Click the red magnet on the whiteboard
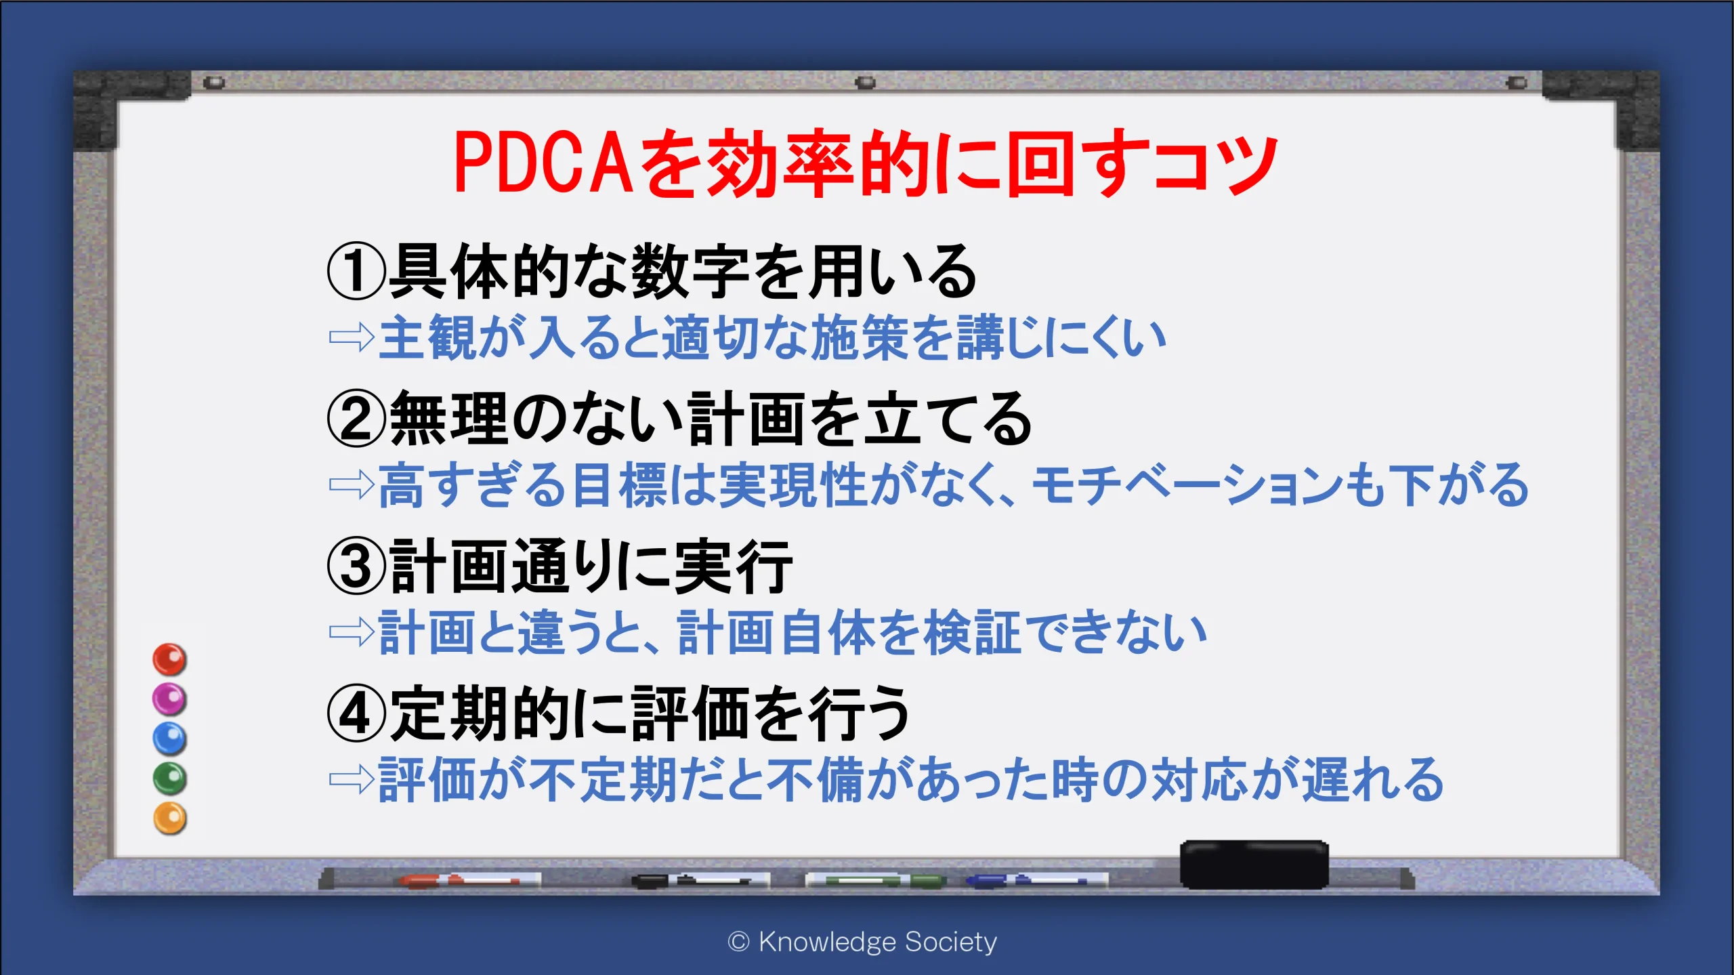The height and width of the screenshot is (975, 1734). (169, 659)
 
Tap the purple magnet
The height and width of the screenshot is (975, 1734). (169, 699)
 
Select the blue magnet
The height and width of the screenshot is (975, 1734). (169, 739)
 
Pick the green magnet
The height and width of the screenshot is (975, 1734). (169, 779)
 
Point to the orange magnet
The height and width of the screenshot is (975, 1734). (169, 818)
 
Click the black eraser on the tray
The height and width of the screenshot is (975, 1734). (1254, 865)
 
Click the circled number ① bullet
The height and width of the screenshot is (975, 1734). (356, 272)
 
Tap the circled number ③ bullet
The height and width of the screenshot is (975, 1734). (356, 566)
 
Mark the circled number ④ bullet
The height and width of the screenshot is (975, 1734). (356, 713)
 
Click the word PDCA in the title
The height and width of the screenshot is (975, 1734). (543, 163)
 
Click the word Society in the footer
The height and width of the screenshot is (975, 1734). (951, 942)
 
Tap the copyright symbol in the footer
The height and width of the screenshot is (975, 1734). (738, 942)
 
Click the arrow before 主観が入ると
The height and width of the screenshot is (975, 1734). (352, 337)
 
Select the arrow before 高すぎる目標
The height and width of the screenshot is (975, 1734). (352, 484)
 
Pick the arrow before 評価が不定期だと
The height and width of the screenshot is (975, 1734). (352, 779)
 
